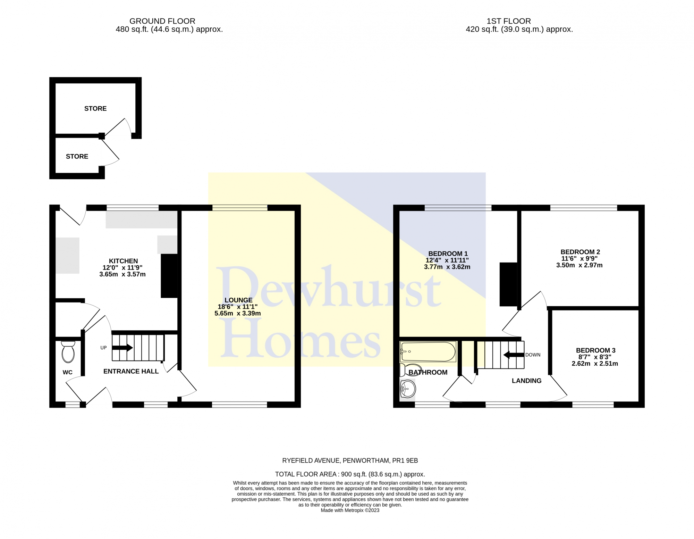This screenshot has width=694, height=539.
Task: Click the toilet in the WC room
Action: (68, 353)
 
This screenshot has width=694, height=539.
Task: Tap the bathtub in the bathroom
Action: (428, 351)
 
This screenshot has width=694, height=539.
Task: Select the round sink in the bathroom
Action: (408, 388)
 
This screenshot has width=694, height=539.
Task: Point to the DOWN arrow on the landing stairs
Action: (514, 355)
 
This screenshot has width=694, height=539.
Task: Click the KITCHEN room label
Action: (123, 261)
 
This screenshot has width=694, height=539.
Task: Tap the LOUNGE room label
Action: (238, 300)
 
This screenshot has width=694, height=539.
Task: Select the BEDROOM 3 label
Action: (595, 350)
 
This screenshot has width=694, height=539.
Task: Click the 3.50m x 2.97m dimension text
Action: (579, 265)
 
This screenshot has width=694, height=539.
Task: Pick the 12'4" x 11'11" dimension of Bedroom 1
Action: (447, 260)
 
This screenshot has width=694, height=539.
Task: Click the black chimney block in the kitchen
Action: (169, 276)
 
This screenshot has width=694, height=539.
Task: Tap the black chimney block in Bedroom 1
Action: (508, 284)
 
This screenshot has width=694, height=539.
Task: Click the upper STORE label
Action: (95, 109)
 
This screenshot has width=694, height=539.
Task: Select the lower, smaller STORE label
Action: (77, 157)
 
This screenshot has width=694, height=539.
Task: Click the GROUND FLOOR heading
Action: (162, 21)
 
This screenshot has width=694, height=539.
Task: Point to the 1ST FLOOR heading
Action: (508, 21)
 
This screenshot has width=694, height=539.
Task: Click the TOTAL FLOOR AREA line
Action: (350, 474)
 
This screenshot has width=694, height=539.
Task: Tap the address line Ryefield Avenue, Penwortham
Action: (350, 461)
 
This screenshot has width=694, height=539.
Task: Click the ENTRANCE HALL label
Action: (131, 371)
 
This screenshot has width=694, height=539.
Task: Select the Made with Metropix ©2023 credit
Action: (350, 510)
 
